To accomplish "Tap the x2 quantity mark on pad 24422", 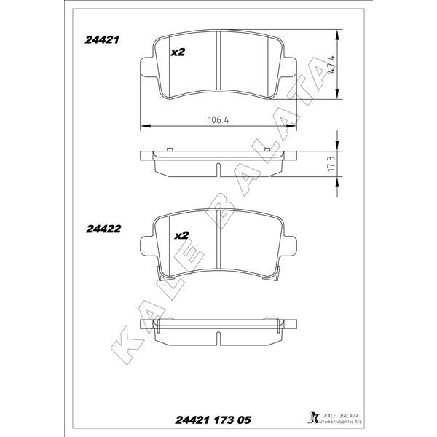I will pyautogui.click(x=181, y=235).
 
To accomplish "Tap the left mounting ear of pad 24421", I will pyautogui.click(x=146, y=70).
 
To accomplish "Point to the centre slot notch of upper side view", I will pyautogui.click(x=218, y=170).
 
